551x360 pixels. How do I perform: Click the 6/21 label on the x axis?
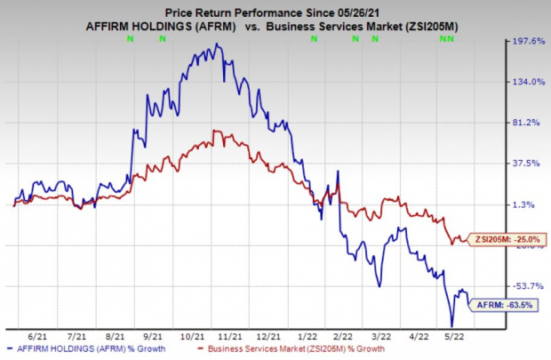pos(37,338)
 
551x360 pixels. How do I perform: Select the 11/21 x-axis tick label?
pos(234,338)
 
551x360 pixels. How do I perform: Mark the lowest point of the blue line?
pos(452,326)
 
